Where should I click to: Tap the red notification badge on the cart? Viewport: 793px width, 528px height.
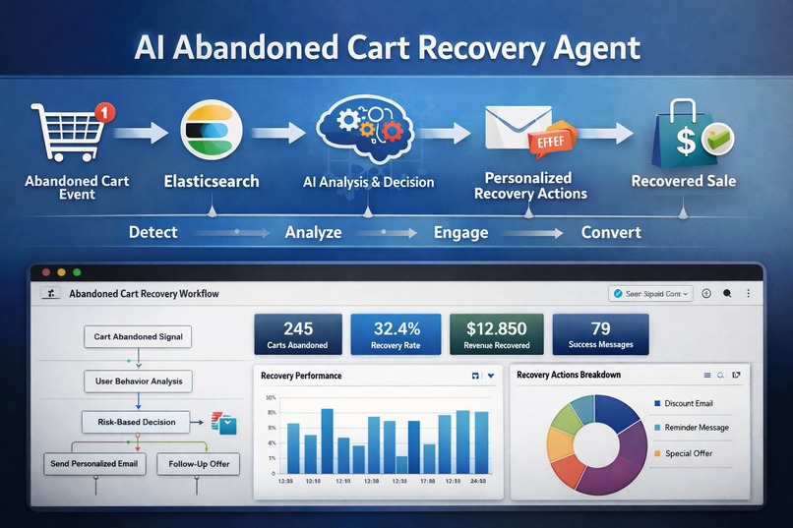(106, 111)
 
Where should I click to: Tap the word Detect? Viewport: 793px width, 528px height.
(153, 233)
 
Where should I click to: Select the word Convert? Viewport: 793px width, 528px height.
(611, 233)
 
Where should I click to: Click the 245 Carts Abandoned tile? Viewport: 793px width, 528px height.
(297, 334)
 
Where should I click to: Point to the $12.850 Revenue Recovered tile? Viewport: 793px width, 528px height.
(496, 334)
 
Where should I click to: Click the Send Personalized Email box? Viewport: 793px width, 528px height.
(95, 463)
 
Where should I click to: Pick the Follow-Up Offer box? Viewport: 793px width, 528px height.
(198, 463)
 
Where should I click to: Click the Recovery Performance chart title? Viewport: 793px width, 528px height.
(301, 376)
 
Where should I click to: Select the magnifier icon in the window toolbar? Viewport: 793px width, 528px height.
(727, 293)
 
